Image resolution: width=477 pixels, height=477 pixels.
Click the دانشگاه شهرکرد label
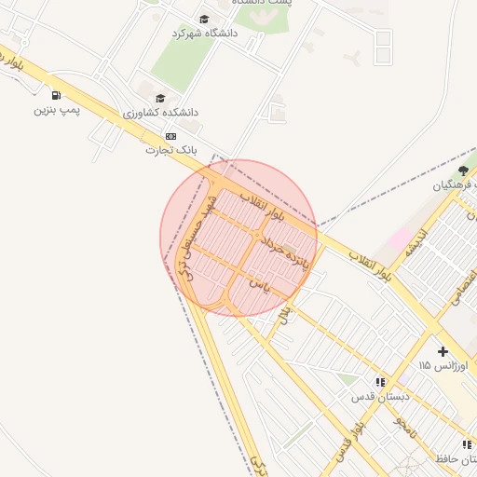tap(204, 33)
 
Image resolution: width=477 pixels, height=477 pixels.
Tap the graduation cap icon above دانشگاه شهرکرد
tap(204, 19)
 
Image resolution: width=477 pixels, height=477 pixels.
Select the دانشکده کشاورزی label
tap(161, 112)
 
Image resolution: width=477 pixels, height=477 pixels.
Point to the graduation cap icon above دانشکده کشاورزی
tap(160, 98)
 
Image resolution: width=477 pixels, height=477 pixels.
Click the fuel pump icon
tap(58, 94)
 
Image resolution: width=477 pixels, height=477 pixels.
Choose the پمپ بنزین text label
tap(58, 110)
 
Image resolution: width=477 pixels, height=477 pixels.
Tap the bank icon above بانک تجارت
tap(170, 135)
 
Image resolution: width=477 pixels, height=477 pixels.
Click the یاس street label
tap(270, 290)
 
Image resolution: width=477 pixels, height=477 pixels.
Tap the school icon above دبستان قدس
tap(380, 382)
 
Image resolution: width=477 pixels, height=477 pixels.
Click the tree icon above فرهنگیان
tap(463, 170)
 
